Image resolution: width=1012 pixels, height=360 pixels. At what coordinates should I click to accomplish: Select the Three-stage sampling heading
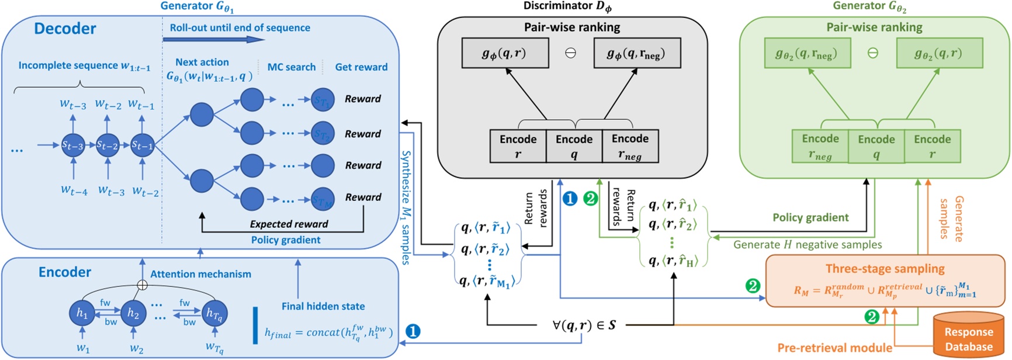click(x=885, y=268)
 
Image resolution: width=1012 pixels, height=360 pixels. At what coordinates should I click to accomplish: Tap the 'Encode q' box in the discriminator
click(x=574, y=146)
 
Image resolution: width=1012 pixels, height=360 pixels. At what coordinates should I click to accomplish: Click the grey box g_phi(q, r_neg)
click(x=636, y=53)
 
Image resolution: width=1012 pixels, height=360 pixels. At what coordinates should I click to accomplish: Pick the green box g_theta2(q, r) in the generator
click(x=939, y=53)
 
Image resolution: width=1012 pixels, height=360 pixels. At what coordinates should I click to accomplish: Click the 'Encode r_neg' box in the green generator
click(x=820, y=146)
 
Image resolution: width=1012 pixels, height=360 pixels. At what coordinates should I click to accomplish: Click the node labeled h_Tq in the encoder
click(x=214, y=313)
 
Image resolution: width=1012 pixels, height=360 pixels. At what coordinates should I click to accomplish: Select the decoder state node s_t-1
click(x=142, y=145)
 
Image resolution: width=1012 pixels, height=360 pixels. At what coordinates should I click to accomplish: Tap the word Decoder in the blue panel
click(x=65, y=29)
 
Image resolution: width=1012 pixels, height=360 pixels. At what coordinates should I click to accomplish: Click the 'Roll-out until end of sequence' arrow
click(x=213, y=40)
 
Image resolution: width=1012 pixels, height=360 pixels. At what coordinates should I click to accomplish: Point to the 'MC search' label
click(x=291, y=67)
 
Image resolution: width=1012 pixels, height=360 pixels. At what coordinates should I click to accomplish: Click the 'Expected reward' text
click(x=289, y=224)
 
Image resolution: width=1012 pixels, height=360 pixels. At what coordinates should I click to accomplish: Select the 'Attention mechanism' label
click(x=200, y=274)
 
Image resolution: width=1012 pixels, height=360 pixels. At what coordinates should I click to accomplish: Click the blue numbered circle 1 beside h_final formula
click(x=413, y=331)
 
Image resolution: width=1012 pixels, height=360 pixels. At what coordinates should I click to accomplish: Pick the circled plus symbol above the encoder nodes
click(x=141, y=285)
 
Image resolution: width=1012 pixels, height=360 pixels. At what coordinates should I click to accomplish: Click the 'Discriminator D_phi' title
click(x=567, y=6)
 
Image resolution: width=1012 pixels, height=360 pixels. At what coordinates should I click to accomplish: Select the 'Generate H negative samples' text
click(x=807, y=244)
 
